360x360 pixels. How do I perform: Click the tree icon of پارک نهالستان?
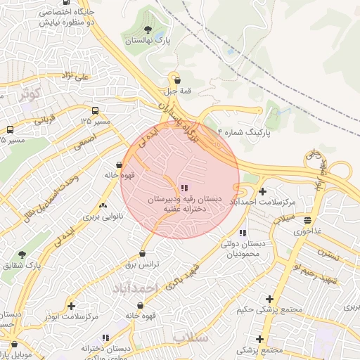coord(148,30)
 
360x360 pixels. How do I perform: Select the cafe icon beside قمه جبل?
coord(177,79)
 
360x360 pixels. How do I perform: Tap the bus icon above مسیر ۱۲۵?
coord(95,110)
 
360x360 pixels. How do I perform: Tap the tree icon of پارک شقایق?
coord(22,255)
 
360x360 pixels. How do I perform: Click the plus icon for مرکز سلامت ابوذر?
coord(71,306)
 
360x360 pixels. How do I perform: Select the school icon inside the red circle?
coord(184,188)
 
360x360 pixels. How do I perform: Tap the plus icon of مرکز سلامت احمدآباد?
coord(262,191)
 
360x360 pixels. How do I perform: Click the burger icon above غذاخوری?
coord(307,220)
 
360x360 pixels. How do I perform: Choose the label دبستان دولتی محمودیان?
coord(243,248)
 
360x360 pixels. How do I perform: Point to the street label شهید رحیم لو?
coord(317,274)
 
